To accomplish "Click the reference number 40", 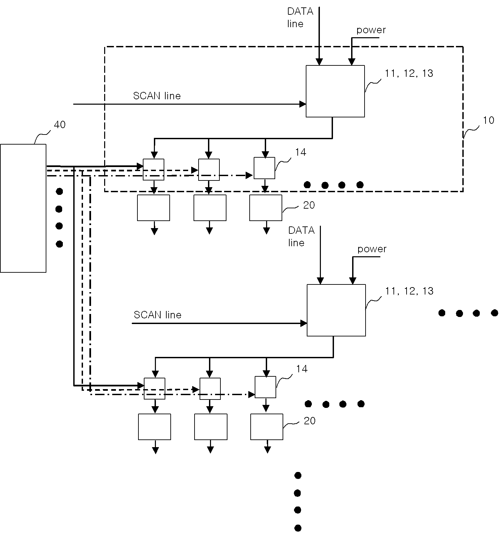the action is click(x=60, y=125).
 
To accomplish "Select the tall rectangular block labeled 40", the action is click(x=23, y=208).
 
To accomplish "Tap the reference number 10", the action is click(x=489, y=120).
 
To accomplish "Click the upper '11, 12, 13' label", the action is click(x=409, y=73).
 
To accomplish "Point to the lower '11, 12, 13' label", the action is click(x=409, y=291).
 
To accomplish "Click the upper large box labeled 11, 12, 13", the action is click(x=335, y=91).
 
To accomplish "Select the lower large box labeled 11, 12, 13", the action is click(x=336, y=310).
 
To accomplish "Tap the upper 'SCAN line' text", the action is click(x=157, y=96).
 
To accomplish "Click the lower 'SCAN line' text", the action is click(x=158, y=315).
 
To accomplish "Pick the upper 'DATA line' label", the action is click(x=300, y=17).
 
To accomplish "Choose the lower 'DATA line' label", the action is click(x=301, y=236).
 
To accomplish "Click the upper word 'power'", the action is click(x=371, y=31).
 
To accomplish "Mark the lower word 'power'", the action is click(x=372, y=249).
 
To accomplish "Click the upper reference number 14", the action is click(x=301, y=152).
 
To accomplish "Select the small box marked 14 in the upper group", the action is click(x=264, y=168).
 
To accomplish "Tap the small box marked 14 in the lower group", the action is click(x=265, y=387).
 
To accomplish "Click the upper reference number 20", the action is click(x=309, y=205).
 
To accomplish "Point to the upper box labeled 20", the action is click(x=266, y=208).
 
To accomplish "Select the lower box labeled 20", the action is click(x=267, y=427).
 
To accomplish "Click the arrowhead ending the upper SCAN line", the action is click(x=303, y=104).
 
